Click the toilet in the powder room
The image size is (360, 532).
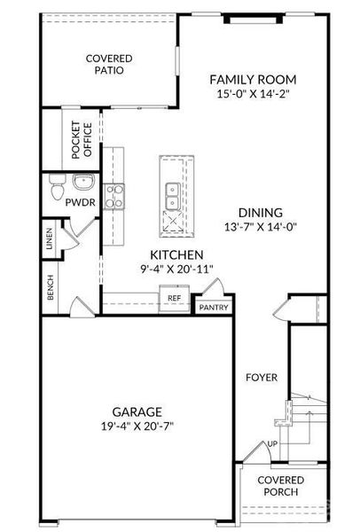tap(57, 187)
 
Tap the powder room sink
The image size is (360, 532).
tap(82, 182)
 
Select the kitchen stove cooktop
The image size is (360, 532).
tap(114, 197)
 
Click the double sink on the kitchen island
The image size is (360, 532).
tap(173, 197)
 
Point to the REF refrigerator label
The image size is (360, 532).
tap(175, 298)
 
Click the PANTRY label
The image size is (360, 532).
tap(214, 308)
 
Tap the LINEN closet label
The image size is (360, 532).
tap(50, 239)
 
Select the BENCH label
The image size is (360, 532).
tap(51, 287)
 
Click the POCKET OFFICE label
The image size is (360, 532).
tap(82, 140)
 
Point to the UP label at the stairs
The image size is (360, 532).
tap(272, 444)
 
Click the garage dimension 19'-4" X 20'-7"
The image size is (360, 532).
tap(137, 426)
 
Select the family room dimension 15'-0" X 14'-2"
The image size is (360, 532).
tap(253, 94)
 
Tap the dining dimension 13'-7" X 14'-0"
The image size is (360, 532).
tap(260, 226)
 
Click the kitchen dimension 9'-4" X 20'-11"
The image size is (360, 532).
tap(176, 269)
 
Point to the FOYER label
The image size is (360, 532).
tap(262, 378)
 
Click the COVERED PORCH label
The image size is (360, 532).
tap(281, 486)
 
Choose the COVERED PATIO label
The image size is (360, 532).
tap(109, 64)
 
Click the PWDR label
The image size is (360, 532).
tap(80, 202)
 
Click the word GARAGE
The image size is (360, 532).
tap(137, 412)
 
